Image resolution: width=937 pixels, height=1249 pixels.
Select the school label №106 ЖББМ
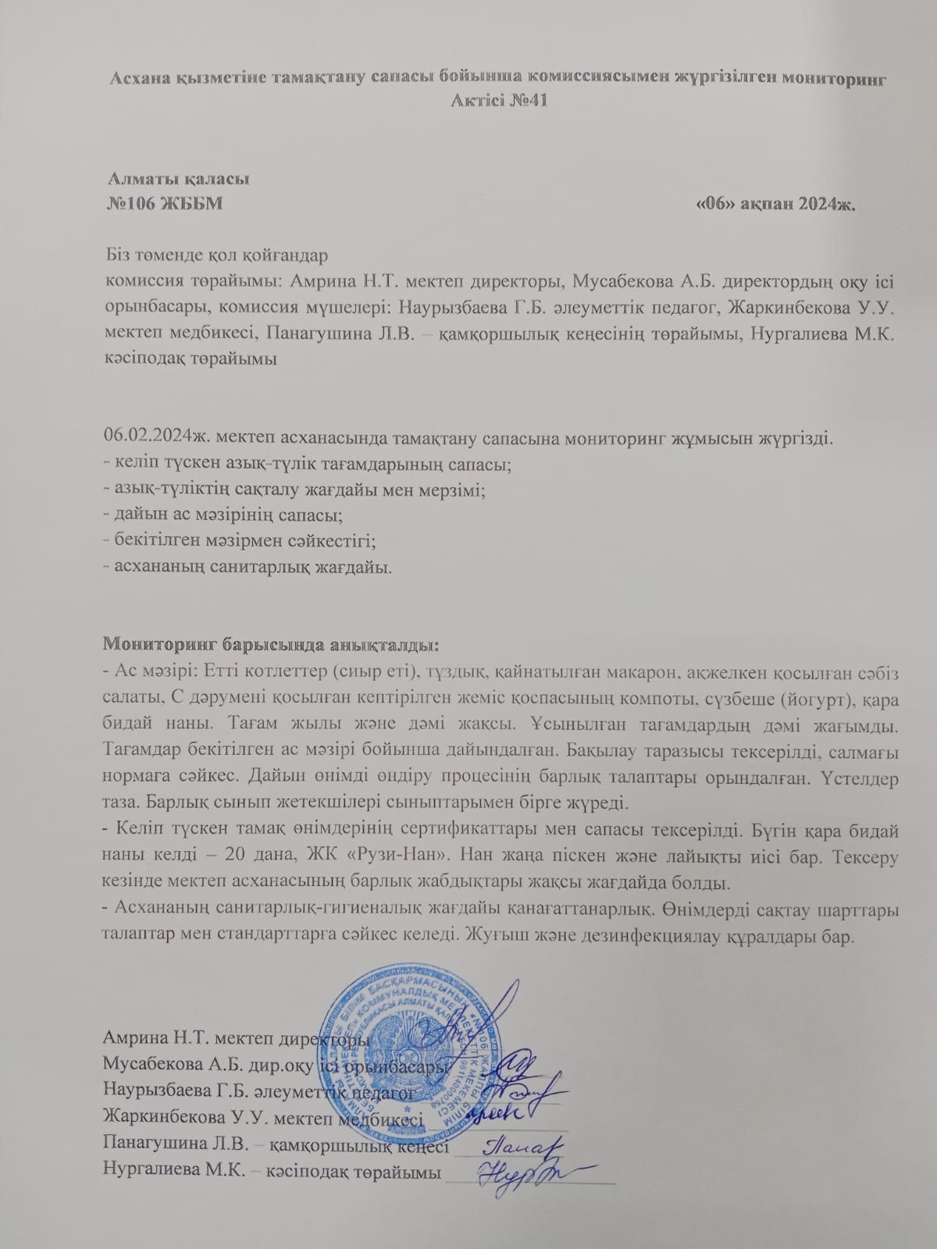[164, 205]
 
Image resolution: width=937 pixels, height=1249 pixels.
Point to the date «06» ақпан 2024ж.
[777, 205]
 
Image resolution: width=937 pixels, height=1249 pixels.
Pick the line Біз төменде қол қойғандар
[216, 255]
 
